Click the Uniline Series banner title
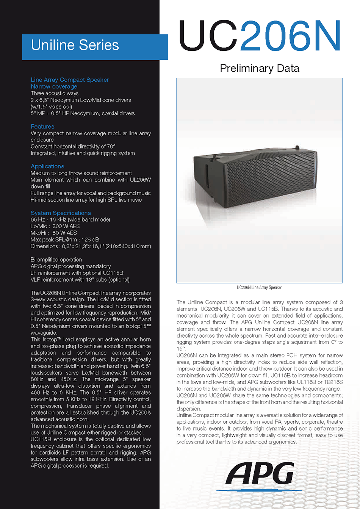75,45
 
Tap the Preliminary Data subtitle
260,69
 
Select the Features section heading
42,127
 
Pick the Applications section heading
47,166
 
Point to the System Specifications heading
61,213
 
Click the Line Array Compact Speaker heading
70,80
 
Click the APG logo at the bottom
260,474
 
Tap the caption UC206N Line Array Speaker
259,288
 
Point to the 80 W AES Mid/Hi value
64,233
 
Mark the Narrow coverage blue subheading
54,87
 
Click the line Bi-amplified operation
56,260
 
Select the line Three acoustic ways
55,93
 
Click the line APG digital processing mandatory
70,266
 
